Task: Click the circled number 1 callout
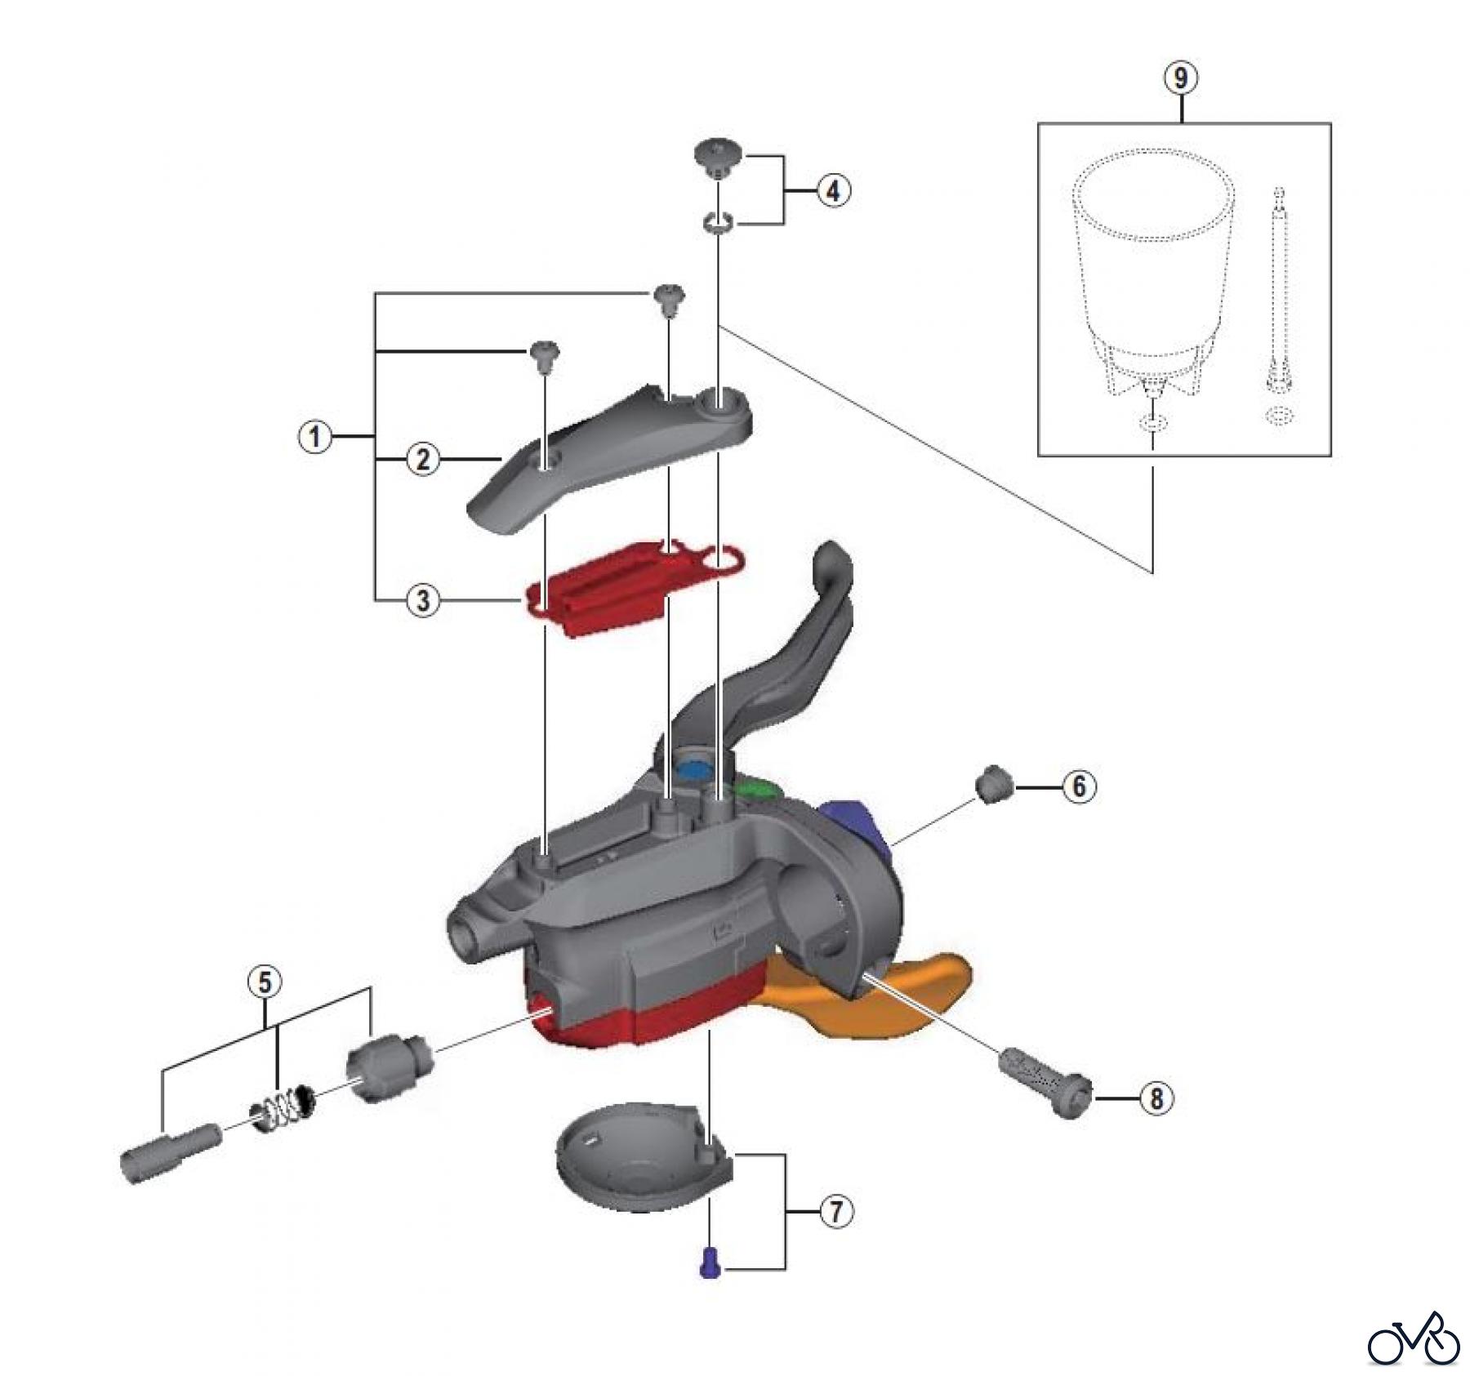(x=315, y=438)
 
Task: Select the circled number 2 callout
(x=423, y=460)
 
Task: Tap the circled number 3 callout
(x=423, y=601)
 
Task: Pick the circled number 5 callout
(x=265, y=982)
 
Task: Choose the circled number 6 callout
(x=1079, y=786)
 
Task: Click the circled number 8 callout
(x=1156, y=1099)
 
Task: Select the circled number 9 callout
(x=1182, y=78)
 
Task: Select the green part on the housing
(x=755, y=789)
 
